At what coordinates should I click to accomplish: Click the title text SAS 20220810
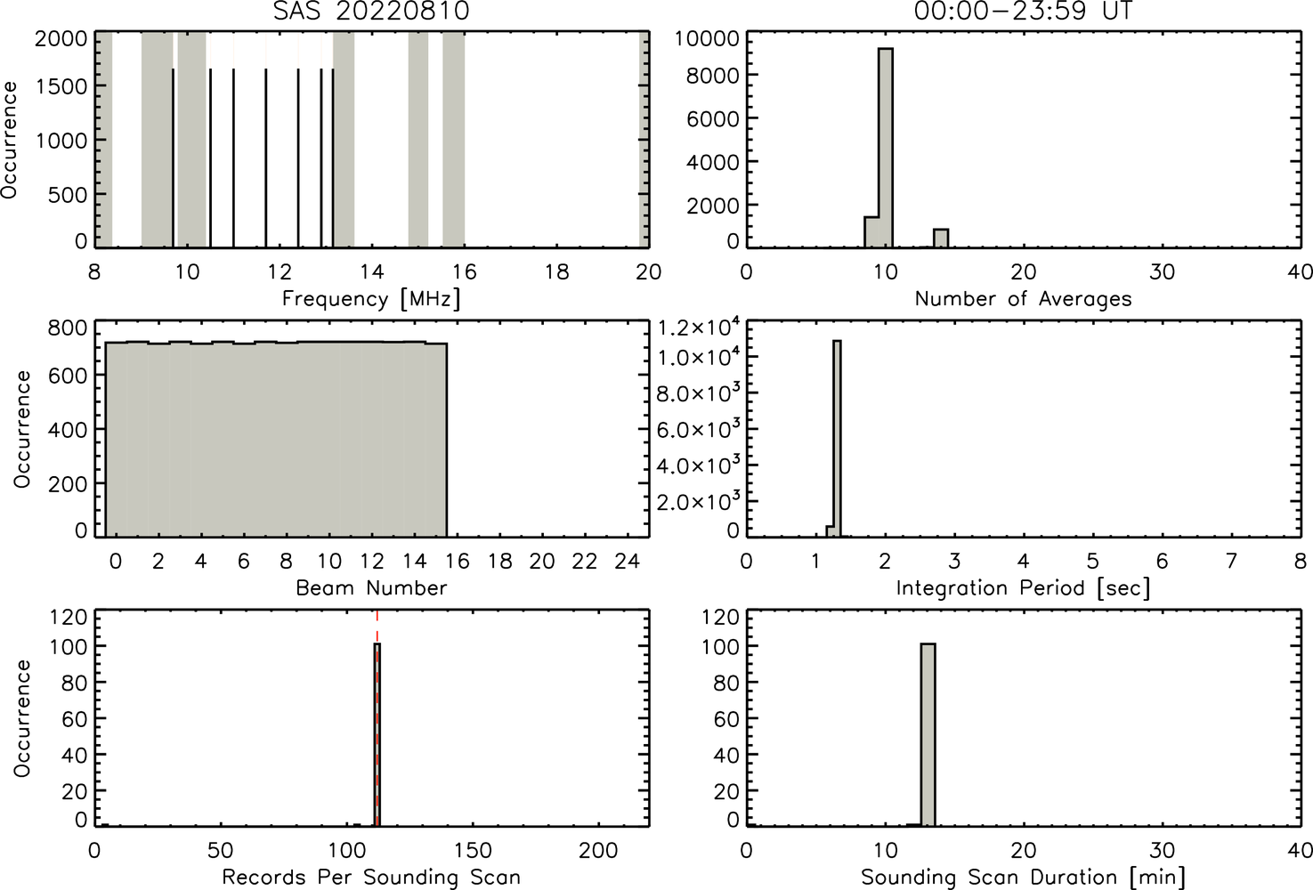(371, 11)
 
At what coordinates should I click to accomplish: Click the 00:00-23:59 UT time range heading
(1023, 11)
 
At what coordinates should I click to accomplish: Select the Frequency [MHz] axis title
(371, 299)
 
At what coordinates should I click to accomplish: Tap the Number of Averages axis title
(1023, 298)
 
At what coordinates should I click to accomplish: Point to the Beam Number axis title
(371, 587)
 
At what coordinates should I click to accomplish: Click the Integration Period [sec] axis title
(1023, 587)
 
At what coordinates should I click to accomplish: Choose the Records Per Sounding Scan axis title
(371, 878)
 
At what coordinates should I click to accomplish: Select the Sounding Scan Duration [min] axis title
(1023, 878)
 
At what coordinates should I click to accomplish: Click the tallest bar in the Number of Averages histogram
(885, 148)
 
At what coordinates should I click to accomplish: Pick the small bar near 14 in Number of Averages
(941, 238)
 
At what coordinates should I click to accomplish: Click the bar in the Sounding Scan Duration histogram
(928, 735)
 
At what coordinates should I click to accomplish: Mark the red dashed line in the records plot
(377, 717)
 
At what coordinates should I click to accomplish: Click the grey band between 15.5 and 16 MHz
(453, 139)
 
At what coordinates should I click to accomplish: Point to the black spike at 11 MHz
(233, 158)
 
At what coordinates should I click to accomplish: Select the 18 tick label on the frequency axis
(556, 271)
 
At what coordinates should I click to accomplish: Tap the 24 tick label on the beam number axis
(627, 562)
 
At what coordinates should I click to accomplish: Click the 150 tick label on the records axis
(472, 850)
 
